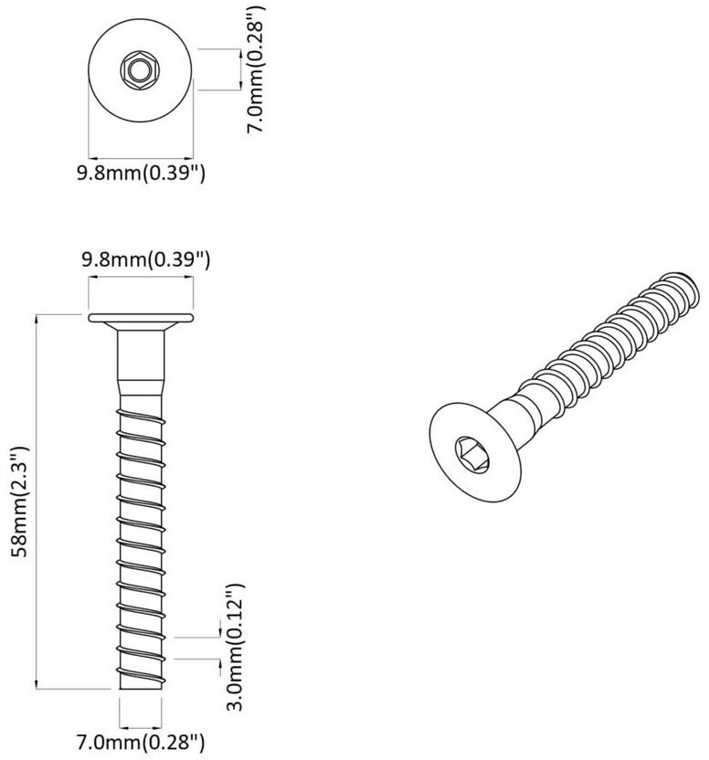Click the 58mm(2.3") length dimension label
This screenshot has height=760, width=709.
pyautogui.click(x=21, y=501)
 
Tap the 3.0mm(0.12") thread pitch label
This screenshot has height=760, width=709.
pyautogui.click(x=236, y=646)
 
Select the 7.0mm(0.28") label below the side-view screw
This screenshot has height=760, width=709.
pyautogui.click(x=141, y=742)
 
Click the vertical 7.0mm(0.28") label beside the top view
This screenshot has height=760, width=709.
pyautogui.click(x=256, y=69)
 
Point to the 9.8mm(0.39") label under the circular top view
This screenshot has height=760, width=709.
pyautogui.click(x=141, y=173)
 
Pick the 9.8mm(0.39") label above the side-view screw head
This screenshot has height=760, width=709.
pyautogui.click(x=145, y=259)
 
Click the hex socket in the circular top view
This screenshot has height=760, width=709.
pyautogui.click(x=140, y=71)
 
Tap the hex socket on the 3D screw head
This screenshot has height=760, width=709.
pyautogui.click(x=471, y=454)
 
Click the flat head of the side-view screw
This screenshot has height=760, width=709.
pyautogui.click(x=141, y=318)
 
